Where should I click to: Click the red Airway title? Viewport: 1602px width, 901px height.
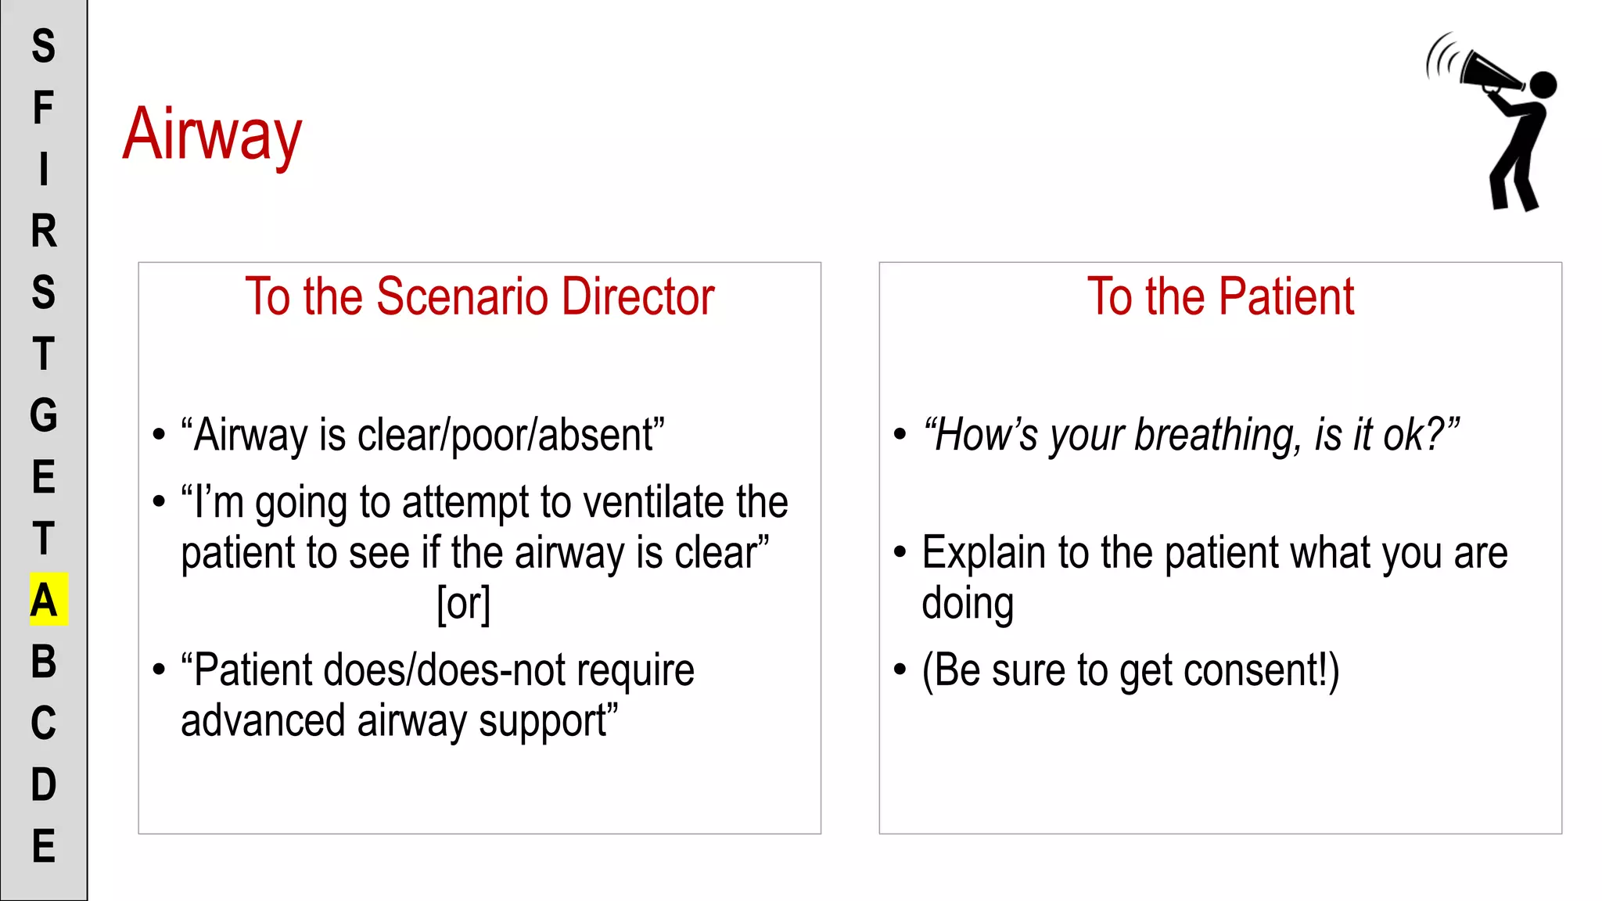[212, 135]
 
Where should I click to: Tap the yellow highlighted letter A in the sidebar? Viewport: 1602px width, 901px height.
[45, 600]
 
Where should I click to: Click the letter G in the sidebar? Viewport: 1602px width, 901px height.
[44, 415]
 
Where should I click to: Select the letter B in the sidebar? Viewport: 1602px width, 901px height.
[44, 662]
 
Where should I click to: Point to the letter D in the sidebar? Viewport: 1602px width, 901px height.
[44, 784]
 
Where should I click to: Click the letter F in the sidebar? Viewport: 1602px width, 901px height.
[44, 108]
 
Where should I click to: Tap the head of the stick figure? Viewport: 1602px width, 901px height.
[1543, 84]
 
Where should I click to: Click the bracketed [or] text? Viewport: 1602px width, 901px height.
[464, 604]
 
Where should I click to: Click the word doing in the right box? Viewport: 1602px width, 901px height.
[968, 604]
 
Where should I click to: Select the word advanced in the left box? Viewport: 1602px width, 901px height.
[263, 721]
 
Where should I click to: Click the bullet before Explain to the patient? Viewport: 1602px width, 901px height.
[900, 552]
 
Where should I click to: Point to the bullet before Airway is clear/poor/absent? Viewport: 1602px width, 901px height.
[160, 435]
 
